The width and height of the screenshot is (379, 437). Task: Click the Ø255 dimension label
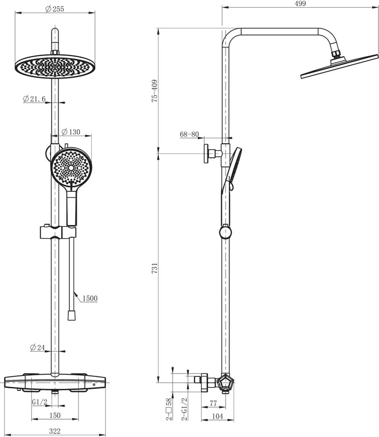pos(55,9)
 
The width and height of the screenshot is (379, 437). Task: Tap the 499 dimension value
pos(300,3)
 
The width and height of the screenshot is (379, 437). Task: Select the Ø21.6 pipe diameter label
pos(34,99)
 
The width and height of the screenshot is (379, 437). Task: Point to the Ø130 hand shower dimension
pos(71,132)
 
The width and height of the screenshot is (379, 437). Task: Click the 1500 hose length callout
pos(90,298)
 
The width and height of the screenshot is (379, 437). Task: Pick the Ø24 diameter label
pos(37,347)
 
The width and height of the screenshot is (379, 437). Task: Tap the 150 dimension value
pos(55,415)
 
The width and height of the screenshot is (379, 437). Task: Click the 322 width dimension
pos(55,431)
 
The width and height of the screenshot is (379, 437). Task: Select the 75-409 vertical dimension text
pos(155,91)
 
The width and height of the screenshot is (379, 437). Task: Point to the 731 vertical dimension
pos(155,268)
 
